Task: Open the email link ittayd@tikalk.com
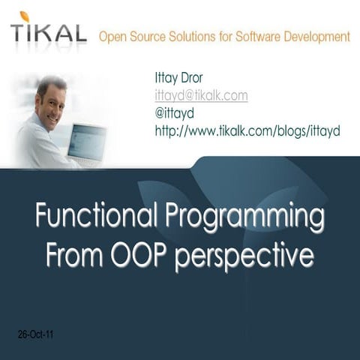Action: tap(201, 97)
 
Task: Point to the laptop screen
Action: tap(87, 142)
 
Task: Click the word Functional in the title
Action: tap(94, 218)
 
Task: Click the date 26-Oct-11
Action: tap(34, 334)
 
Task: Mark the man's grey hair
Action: tap(51, 83)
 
